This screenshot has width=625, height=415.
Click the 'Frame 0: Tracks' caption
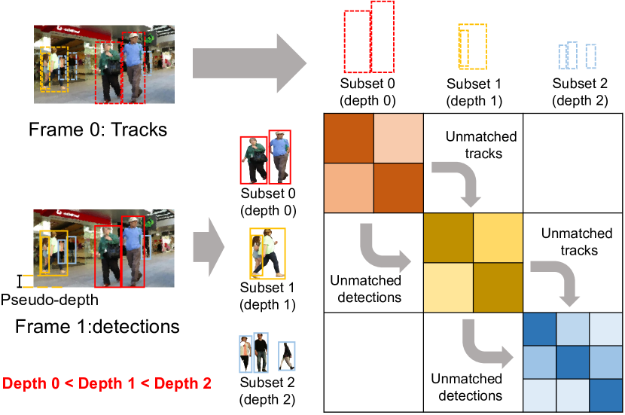[97, 130]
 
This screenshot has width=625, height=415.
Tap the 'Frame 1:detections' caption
[97, 326]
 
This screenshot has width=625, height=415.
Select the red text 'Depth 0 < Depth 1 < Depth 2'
[106, 383]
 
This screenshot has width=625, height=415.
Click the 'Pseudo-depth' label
[49, 300]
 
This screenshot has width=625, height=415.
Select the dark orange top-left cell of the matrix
[348, 138]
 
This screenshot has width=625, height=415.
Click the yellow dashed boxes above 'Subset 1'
[472, 47]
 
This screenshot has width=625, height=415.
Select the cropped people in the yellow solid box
[267, 253]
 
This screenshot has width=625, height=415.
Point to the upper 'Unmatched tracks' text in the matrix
[481, 145]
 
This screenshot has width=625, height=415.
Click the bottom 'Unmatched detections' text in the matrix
[466, 387]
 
